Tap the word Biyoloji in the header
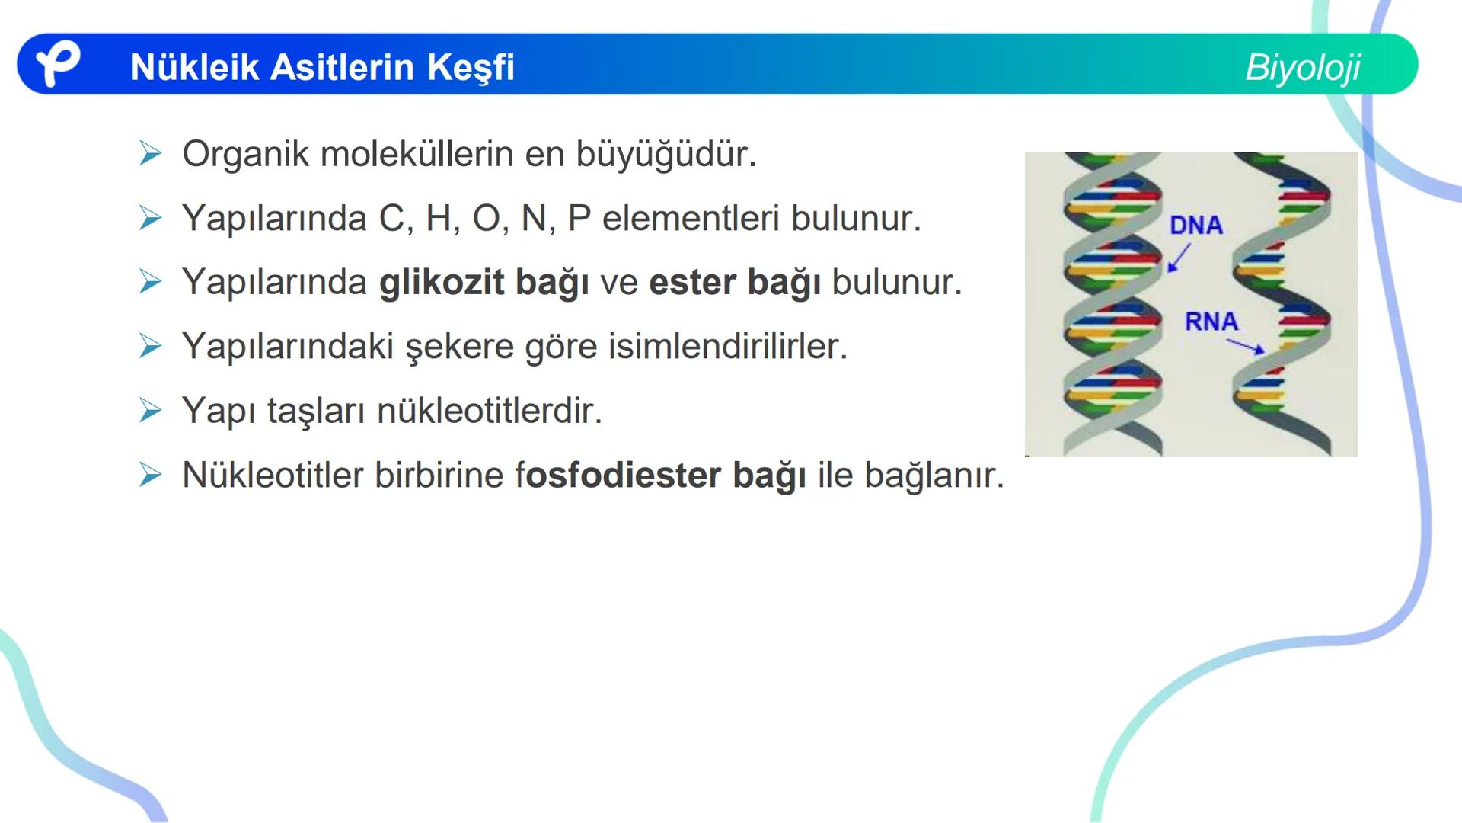[1302, 67]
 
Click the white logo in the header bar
[57, 64]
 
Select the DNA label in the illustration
[1195, 225]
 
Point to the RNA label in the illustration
[1211, 321]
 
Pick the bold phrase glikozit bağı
[484, 283]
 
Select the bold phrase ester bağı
[735, 283]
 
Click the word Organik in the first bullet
[245, 154]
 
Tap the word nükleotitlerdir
[490, 411]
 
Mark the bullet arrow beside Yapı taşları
[151, 411]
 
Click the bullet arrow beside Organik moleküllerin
[151, 154]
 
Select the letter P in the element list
[579, 219]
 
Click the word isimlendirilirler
[727, 347]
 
